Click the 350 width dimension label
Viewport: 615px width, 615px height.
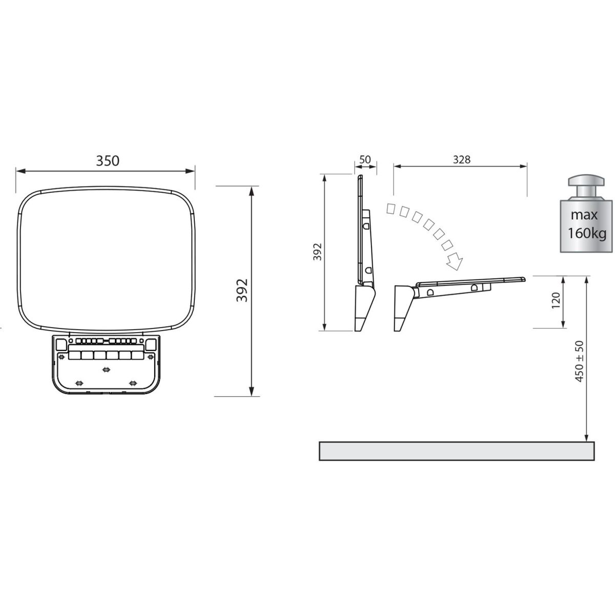[108, 161]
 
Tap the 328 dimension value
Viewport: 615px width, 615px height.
[462, 159]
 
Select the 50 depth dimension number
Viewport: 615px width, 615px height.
[365, 159]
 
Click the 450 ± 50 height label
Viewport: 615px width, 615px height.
[579, 361]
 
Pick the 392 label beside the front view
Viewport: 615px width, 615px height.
[242, 291]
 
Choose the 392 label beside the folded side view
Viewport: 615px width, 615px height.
[317, 252]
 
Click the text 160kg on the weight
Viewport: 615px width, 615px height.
[587, 234]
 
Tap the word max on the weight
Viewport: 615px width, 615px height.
[584, 215]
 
